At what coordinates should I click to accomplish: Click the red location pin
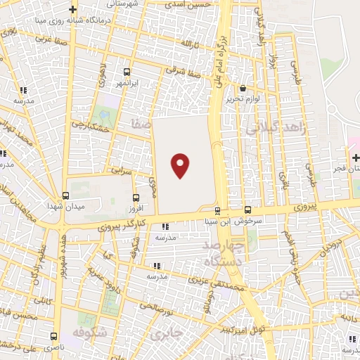[181, 165]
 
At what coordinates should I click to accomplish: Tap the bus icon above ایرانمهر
[127, 72]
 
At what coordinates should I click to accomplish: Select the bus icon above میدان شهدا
[65, 196]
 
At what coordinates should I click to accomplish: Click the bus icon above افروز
[136, 198]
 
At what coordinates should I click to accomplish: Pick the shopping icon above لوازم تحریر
[243, 89]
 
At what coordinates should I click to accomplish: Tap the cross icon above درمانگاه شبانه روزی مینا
[73, 9]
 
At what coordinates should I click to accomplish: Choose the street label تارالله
[191, 44]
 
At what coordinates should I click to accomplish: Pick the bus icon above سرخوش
[248, 210]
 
